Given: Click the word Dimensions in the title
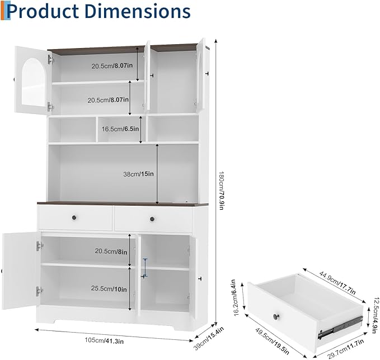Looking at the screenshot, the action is [x=138, y=11].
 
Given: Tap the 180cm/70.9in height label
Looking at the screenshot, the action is [x=221, y=191].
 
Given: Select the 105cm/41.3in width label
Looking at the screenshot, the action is [x=104, y=340].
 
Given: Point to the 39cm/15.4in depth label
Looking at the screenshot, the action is [x=209, y=338].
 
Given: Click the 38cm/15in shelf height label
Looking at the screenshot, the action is [x=138, y=174].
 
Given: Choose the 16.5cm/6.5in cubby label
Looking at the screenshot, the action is [x=120, y=129].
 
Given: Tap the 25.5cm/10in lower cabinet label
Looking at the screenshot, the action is [x=109, y=288].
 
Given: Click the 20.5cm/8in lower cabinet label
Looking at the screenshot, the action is [x=111, y=252].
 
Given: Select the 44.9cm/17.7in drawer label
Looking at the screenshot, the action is [x=337, y=282].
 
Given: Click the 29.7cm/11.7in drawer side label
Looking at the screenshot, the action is [x=346, y=349].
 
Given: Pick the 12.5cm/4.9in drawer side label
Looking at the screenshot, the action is [x=374, y=316].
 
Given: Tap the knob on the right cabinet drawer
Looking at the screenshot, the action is [x=152, y=219].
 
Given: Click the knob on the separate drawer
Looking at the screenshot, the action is [x=276, y=316].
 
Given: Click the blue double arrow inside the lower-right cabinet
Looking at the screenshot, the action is [x=145, y=268].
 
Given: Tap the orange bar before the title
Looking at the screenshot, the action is [x=2, y=11].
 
